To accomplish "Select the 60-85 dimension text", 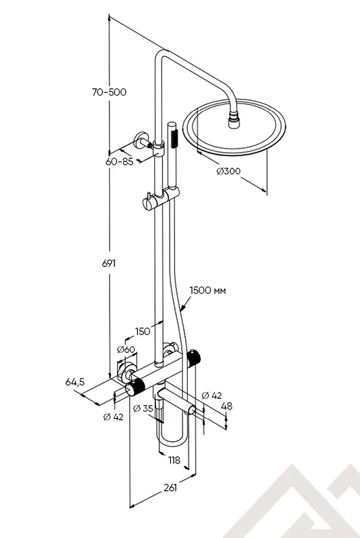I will [x=119, y=161].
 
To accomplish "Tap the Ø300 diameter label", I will [x=228, y=171].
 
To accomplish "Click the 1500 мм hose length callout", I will [x=207, y=291].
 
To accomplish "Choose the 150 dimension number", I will [x=142, y=331].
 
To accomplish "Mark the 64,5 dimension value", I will [x=74, y=382].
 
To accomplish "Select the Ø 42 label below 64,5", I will [x=112, y=417].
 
